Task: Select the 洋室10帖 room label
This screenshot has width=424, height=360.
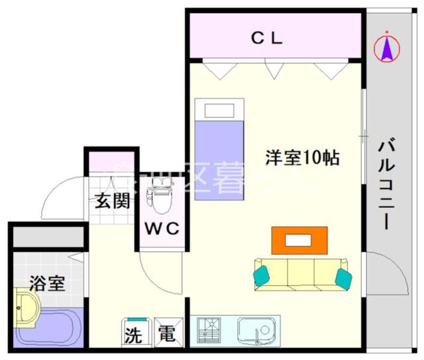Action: point(303,158)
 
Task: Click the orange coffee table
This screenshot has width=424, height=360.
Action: point(299,240)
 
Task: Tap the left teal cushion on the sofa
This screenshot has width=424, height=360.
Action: point(262,274)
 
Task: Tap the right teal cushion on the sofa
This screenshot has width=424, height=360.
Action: point(343,277)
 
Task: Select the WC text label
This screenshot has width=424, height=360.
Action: point(162,230)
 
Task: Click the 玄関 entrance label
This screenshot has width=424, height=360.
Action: point(111,202)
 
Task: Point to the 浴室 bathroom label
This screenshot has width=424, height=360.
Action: point(46,284)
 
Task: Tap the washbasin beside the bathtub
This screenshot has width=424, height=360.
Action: point(26,309)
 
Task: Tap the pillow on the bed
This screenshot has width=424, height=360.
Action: point(219,109)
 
